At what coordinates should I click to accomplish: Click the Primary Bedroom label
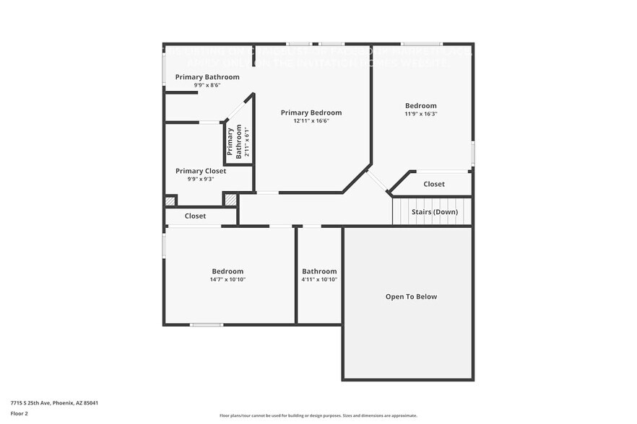311,112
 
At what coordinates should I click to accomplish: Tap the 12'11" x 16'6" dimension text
311,121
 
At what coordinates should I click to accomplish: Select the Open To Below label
411,296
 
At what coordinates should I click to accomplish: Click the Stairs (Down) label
434,212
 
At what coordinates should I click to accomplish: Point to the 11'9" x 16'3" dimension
420,114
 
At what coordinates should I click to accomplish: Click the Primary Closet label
201,171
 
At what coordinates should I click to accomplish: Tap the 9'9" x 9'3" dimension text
201,179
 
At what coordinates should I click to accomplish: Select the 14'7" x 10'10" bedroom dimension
227,279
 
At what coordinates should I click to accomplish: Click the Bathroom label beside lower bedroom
319,271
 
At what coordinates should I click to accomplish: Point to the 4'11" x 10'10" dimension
319,279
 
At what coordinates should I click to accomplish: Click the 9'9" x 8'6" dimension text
207,85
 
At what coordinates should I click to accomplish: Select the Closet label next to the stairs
434,184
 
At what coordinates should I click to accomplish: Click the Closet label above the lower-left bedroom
195,216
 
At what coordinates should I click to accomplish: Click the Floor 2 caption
19,413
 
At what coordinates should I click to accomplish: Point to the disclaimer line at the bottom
318,415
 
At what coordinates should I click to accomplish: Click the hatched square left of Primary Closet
170,201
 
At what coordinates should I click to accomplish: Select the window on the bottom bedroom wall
207,324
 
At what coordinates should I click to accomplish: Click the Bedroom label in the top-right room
420,105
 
